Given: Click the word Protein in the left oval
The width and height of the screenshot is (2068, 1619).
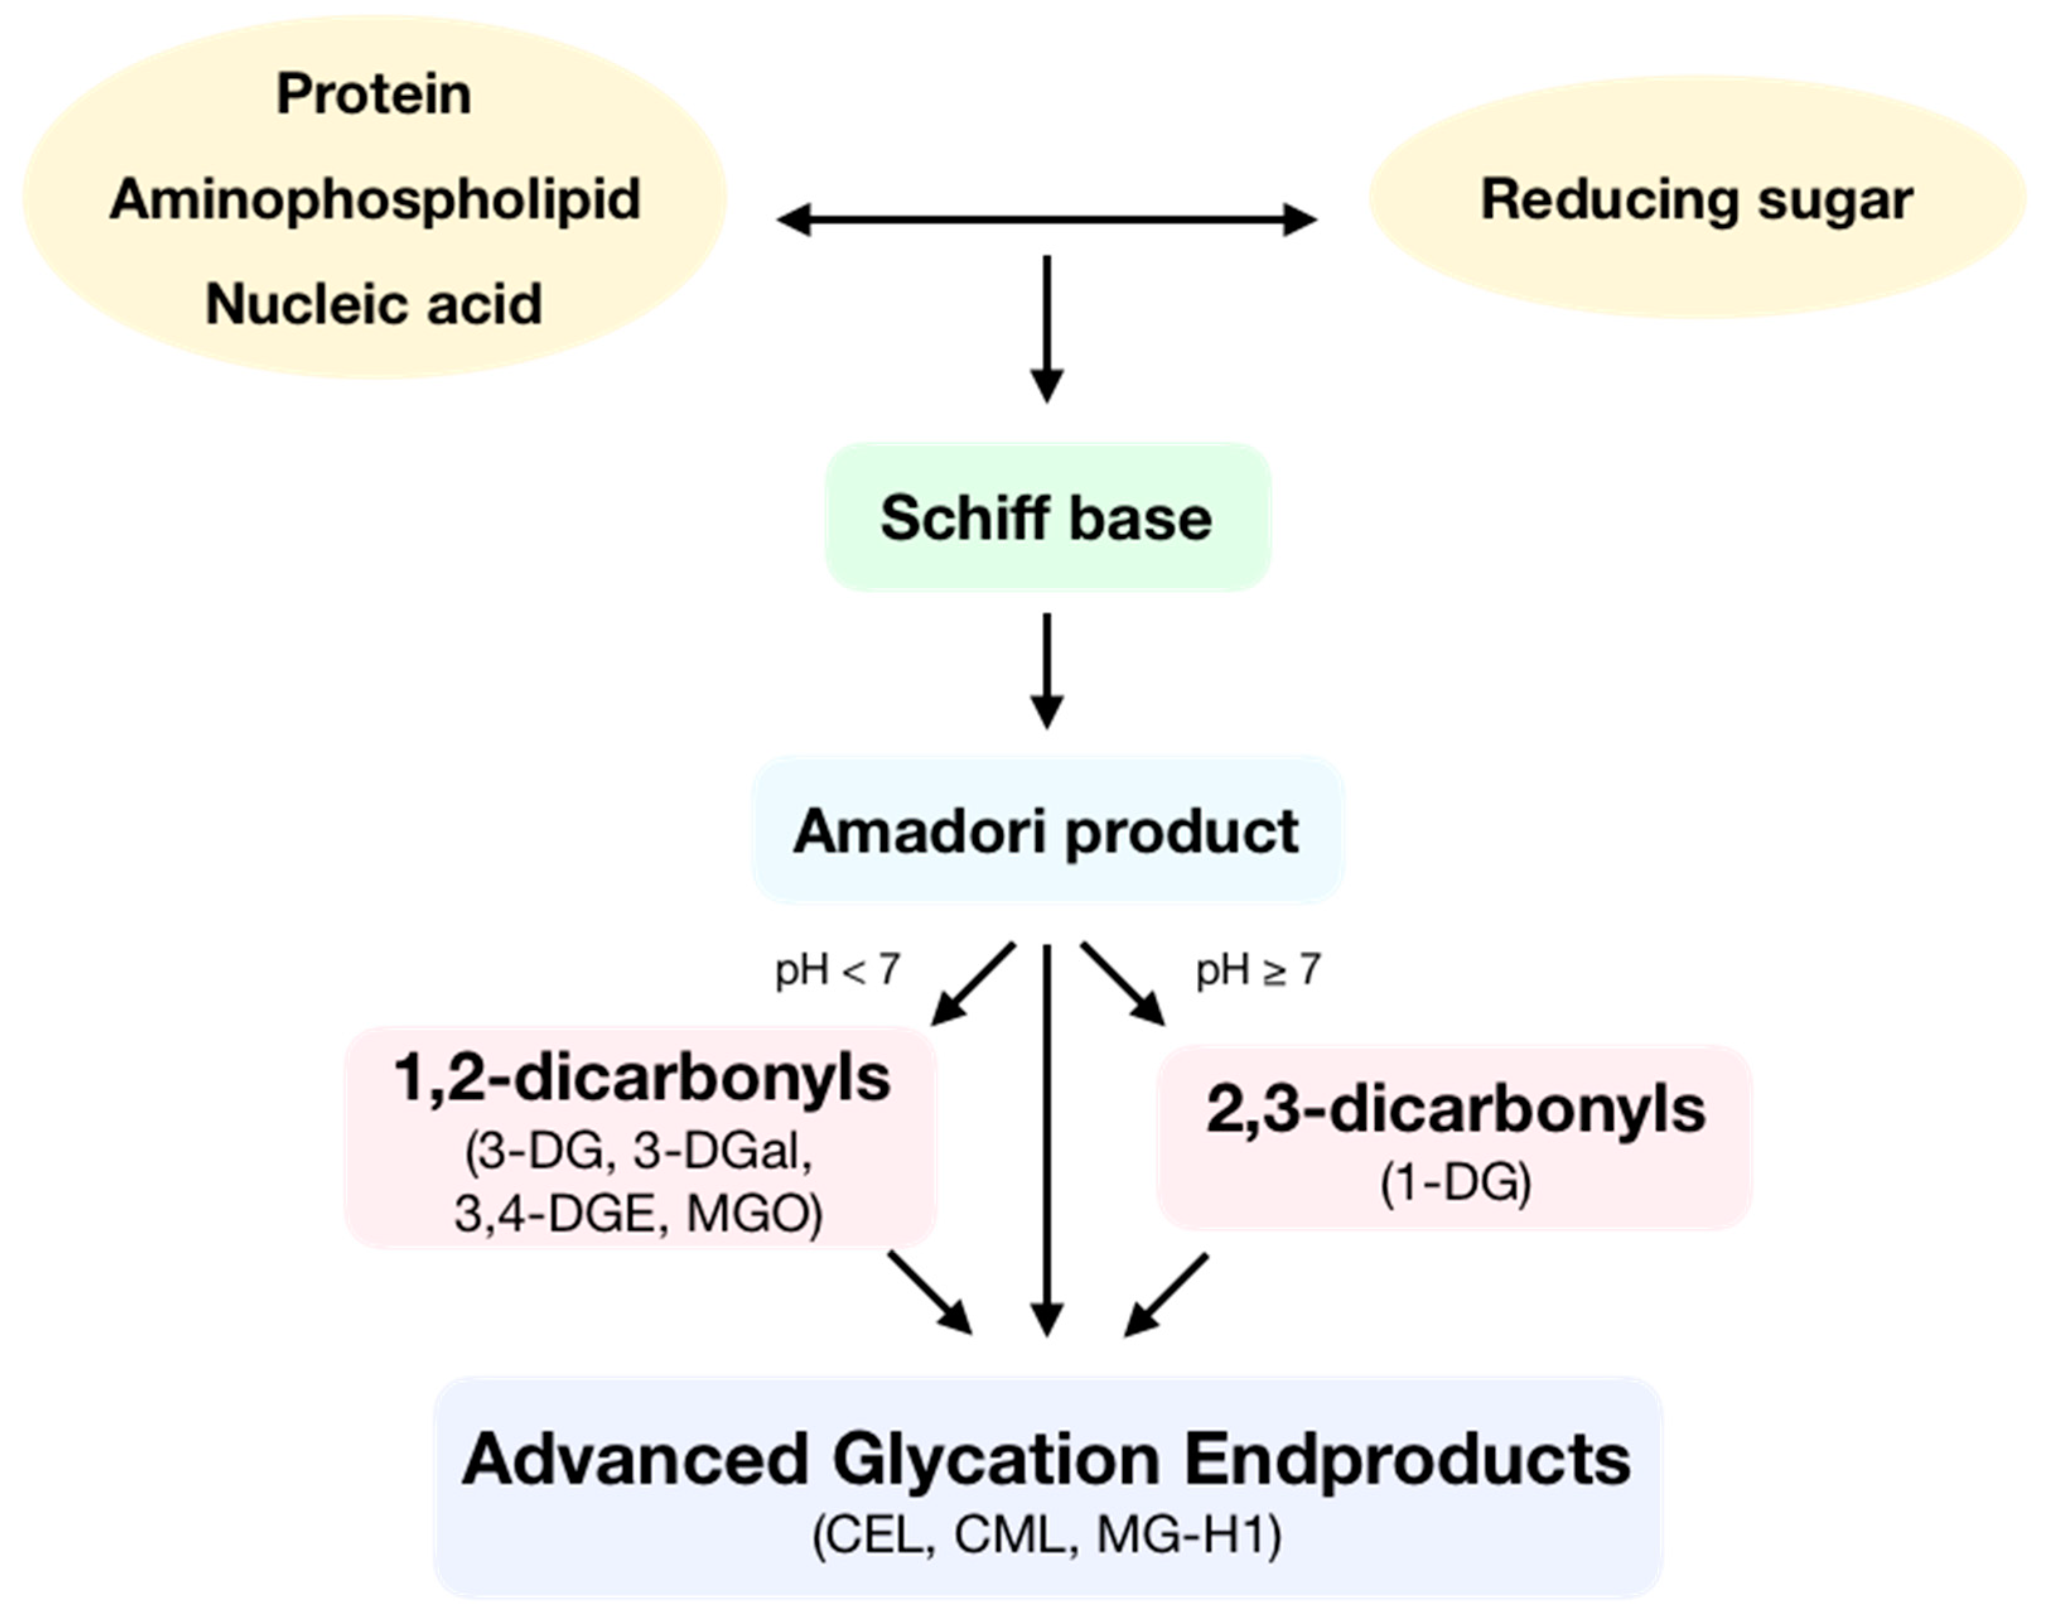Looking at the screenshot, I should pyautogui.click(x=374, y=95).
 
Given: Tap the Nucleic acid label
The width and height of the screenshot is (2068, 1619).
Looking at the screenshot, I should pyautogui.click(x=374, y=304).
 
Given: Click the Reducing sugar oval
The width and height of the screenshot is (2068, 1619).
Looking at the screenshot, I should pyautogui.click(x=1696, y=200).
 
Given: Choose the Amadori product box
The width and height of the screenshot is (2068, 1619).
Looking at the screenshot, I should pyautogui.click(x=1047, y=831).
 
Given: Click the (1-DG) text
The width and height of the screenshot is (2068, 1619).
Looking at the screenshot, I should pyautogui.click(x=1455, y=1182).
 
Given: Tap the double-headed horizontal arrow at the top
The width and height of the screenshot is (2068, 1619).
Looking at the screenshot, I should pyautogui.click(x=1047, y=220).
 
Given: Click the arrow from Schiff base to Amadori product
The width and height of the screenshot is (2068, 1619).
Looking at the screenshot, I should pyautogui.click(x=1047, y=670).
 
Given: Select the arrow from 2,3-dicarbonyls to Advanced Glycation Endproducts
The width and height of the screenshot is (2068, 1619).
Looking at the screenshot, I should pyautogui.click(x=1167, y=1295).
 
